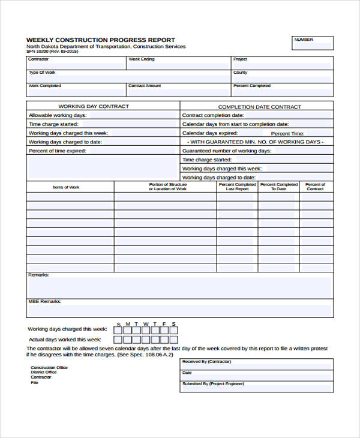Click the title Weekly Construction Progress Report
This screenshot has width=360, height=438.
click(101, 40)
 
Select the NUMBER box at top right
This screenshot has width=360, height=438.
click(312, 43)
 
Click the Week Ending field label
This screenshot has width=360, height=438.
click(142, 59)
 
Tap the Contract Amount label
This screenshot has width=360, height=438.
click(145, 86)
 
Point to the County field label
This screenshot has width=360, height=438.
click(240, 73)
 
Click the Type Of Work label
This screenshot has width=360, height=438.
click(42, 73)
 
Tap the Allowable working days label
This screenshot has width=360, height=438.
click(58, 115)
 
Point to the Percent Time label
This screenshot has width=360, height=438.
click(288, 133)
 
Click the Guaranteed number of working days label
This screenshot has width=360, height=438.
click(226, 151)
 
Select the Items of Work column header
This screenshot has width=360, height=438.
click(66, 187)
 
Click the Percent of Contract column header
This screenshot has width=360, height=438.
click(315, 187)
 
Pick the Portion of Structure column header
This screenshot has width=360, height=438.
click(167, 187)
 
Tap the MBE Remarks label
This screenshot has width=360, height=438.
click(44, 302)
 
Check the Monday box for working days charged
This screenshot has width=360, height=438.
click(127, 329)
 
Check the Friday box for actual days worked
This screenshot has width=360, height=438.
click(164, 340)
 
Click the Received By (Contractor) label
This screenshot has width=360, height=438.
click(206, 362)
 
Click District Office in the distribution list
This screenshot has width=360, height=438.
click(43, 373)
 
